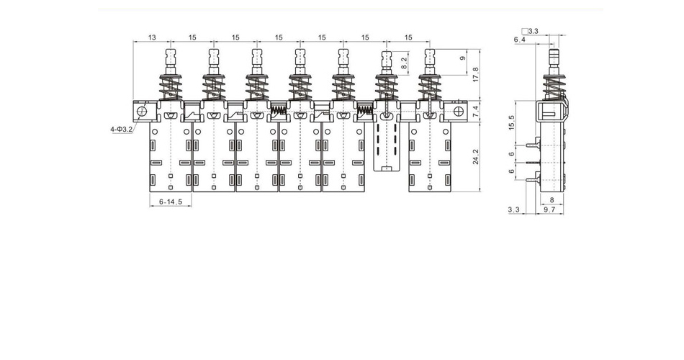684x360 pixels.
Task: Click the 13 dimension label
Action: click(152, 37)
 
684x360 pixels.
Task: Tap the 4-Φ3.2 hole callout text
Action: click(121, 129)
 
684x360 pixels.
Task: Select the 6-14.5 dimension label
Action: click(171, 202)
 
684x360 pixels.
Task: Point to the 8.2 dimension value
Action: click(404, 63)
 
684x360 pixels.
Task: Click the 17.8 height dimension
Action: click(476, 75)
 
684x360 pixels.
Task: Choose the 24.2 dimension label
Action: click(476, 157)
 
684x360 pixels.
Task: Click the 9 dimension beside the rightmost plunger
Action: click(464, 58)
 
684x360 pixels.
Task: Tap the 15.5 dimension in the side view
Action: click(512, 122)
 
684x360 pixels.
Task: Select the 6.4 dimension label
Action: click(520, 40)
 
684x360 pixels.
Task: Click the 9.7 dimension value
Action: click(549, 210)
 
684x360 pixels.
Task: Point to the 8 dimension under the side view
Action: click(552, 200)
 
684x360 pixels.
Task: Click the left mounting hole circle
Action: click(141, 111)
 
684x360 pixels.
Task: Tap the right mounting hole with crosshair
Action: click(458, 111)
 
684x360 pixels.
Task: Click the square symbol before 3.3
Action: click(525, 31)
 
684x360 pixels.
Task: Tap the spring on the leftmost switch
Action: click(171, 88)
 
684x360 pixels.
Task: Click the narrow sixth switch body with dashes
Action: click(387, 146)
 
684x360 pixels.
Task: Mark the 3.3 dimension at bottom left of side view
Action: click(514, 210)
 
